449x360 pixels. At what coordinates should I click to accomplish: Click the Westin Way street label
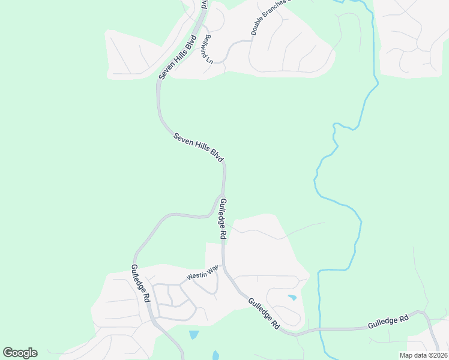[202, 274]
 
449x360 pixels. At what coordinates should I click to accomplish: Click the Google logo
[20, 353]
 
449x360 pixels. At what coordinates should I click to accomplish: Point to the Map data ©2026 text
[423, 355]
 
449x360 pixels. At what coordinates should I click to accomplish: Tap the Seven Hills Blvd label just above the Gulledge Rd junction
[199, 147]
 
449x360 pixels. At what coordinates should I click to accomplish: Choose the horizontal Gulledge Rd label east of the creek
[388, 321]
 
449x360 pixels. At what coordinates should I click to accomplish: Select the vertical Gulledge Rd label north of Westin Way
[223, 219]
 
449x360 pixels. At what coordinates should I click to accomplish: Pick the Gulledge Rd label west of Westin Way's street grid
[140, 283]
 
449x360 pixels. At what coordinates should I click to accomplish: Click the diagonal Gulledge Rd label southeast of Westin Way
[264, 313]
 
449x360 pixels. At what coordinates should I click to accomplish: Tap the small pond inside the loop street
[292, 298]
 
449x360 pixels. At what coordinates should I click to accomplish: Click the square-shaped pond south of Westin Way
[193, 335]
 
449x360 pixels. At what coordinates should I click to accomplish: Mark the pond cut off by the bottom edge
[215, 355]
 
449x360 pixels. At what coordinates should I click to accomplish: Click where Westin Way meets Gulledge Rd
[223, 265]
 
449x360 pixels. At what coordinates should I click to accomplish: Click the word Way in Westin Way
[212, 271]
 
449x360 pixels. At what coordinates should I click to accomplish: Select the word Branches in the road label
[274, 11]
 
